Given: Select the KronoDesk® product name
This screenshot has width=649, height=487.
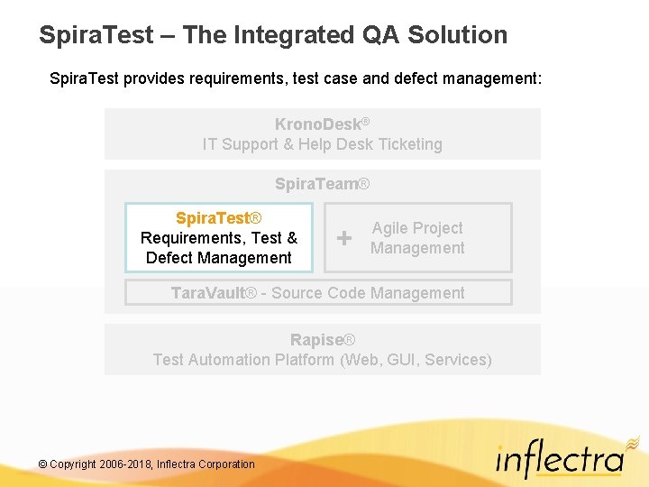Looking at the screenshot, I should [x=322, y=124].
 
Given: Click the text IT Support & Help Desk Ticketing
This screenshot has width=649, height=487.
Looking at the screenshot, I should [x=322, y=144].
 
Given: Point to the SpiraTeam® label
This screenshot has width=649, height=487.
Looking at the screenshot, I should [x=322, y=184].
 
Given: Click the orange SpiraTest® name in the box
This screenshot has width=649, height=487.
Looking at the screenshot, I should [x=218, y=218].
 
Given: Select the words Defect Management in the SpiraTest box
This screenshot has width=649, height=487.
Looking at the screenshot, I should [x=218, y=258].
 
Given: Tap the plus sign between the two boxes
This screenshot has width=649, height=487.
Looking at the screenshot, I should [x=343, y=238].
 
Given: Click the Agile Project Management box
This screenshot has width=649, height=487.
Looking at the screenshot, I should [x=417, y=238].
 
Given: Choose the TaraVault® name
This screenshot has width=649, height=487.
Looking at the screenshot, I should [x=214, y=293].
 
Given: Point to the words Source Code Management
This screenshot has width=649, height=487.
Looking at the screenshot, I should [x=368, y=293].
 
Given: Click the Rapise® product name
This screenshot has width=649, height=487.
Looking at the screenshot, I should [x=322, y=340].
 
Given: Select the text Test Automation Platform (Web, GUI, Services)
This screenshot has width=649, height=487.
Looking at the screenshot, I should [x=322, y=360].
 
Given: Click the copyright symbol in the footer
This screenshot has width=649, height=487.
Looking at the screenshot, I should [x=42, y=464].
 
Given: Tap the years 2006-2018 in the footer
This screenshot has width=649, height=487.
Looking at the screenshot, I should [x=123, y=464].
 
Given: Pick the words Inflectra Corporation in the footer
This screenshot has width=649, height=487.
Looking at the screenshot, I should [x=206, y=464].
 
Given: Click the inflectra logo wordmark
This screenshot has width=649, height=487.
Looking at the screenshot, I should [x=559, y=461].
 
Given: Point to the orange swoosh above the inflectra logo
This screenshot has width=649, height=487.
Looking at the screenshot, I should [x=631, y=441].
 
